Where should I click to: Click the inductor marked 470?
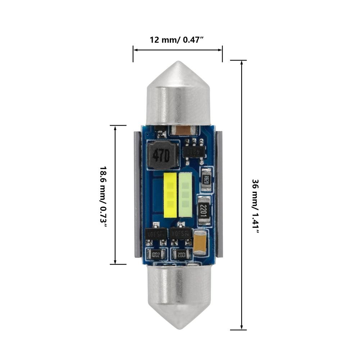(162, 156)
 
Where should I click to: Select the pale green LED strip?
(185, 195)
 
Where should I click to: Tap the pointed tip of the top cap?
(179, 63)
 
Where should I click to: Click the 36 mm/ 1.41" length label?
(255, 206)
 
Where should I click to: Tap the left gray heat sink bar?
(137, 194)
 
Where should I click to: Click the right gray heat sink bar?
(219, 194)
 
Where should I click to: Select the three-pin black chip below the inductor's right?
(195, 151)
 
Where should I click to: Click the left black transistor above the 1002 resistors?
(156, 234)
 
